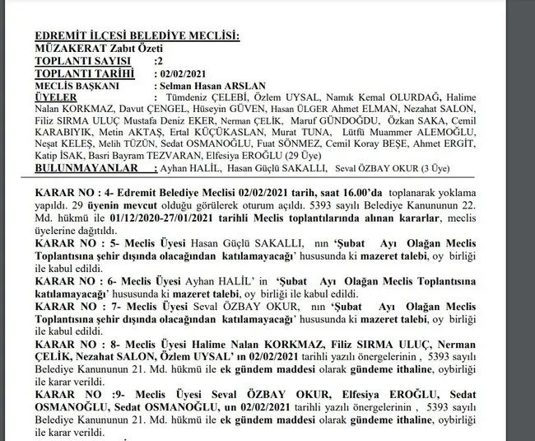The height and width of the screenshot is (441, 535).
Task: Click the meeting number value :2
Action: (160, 60)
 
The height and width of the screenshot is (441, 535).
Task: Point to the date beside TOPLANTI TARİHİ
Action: (181, 73)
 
